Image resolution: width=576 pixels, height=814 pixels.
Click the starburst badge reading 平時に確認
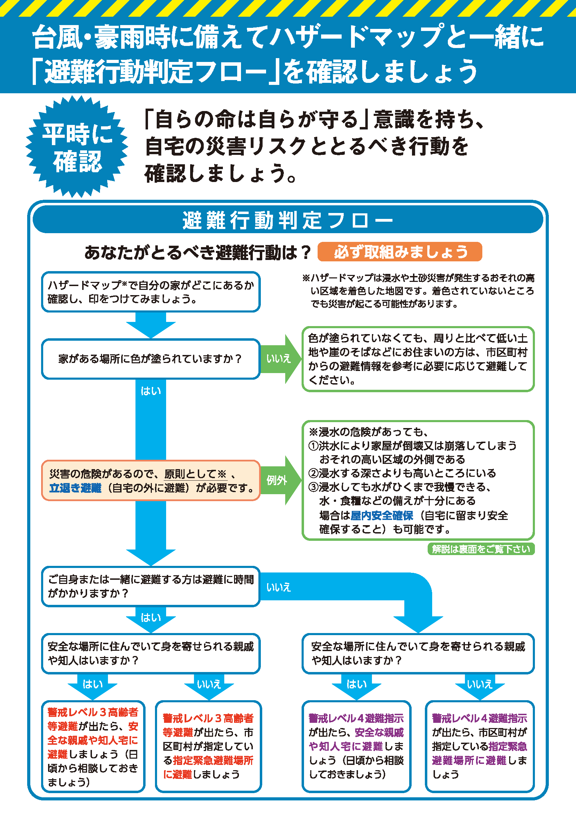(77, 147)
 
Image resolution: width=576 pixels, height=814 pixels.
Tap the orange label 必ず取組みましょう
(400, 252)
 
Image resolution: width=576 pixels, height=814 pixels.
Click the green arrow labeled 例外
(281, 480)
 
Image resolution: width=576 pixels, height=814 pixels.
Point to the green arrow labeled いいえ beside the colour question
(281, 359)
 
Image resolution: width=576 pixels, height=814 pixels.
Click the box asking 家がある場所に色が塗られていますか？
(151, 359)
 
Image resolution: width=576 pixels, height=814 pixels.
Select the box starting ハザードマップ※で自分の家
(151, 292)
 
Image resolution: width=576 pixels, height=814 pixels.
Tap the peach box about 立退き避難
(151, 480)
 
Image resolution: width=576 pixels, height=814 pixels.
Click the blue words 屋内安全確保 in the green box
(382, 515)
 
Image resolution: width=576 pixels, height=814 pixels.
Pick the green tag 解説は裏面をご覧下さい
(481, 549)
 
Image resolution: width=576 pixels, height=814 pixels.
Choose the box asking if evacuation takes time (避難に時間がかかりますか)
(151, 586)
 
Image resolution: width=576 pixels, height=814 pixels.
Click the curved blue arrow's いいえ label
(279, 587)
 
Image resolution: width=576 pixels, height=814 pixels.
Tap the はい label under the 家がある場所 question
(151, 391)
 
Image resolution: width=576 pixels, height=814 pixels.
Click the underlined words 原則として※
(195, 474)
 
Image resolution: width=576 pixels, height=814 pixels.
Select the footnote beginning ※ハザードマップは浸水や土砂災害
(419, 291)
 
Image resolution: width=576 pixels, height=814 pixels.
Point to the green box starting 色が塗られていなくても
(418, 359)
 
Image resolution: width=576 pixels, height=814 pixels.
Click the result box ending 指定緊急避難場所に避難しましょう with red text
(209, 746)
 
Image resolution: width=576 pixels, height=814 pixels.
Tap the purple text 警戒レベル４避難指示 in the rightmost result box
(480, 718)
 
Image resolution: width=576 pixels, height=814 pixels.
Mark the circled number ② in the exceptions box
(313, 473)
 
